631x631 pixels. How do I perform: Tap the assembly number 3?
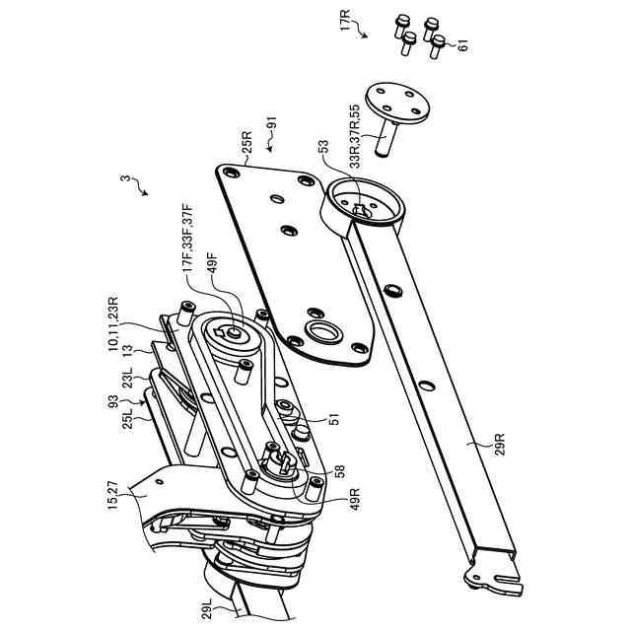(x=126, y=179)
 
